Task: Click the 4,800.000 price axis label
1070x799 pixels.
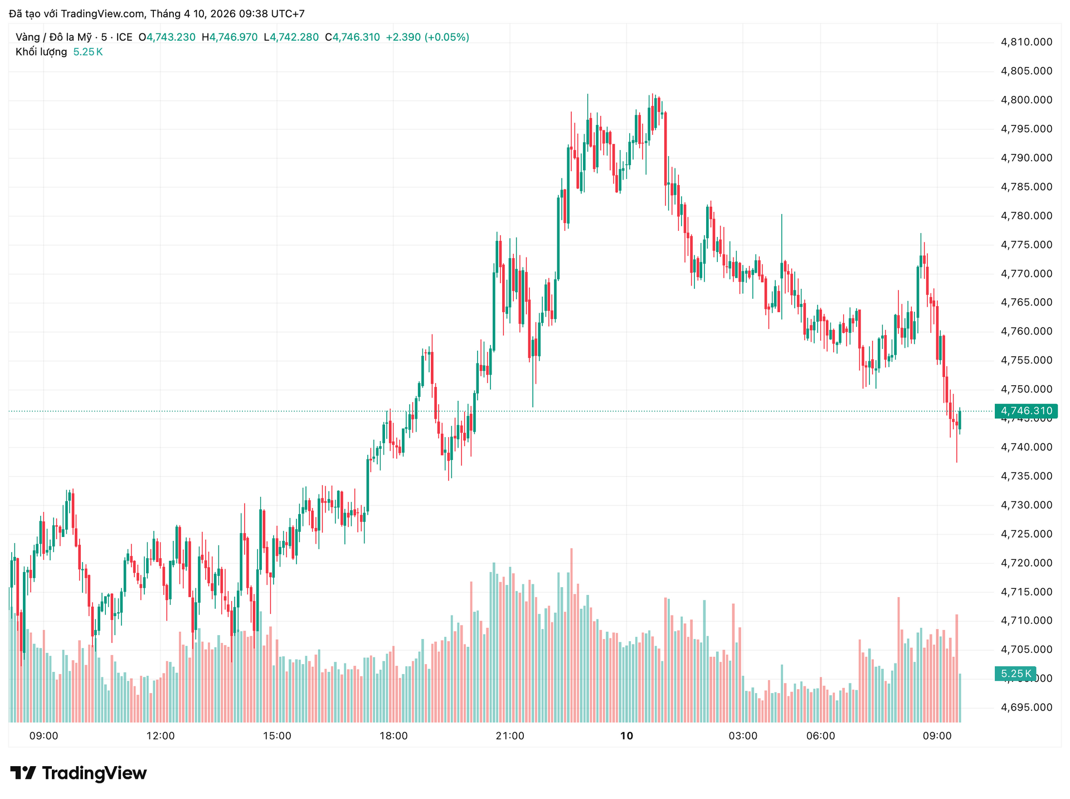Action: [1027, 100]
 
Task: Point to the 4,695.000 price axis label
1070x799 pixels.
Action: [1027, 708]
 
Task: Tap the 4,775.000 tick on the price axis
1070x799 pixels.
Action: [1027, 245]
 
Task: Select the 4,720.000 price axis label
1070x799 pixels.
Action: [1027, 563]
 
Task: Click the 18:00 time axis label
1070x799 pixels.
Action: [393, 736]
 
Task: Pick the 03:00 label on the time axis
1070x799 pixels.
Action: [743, 736]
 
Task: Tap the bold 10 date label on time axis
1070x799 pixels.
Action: [627, 736]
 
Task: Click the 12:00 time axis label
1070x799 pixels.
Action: [160, 736]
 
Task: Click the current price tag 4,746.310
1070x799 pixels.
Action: [1026, 411]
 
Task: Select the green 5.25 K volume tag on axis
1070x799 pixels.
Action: [1015, 674]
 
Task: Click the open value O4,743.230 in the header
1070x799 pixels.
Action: [167, 37]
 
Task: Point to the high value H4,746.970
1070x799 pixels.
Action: [230, 37]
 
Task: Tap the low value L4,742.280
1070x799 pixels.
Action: [291, 37]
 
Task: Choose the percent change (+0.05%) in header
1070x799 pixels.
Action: [447, 37]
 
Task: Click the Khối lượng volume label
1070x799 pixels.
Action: [41, 52]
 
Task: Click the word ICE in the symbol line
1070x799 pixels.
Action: [124, 37]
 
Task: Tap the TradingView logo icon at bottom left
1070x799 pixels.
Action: [23, 773]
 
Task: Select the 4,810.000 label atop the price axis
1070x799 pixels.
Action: [1027, 42]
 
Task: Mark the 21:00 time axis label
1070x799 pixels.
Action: [510, 736]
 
